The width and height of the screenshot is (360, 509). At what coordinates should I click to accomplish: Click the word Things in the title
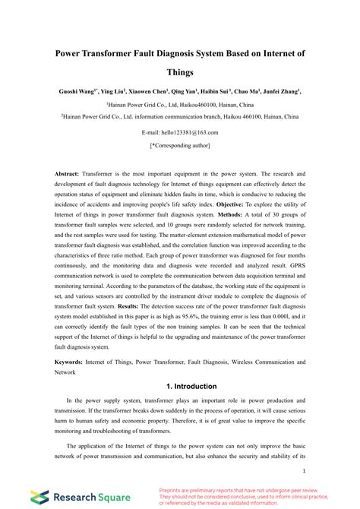[x=180, y=73]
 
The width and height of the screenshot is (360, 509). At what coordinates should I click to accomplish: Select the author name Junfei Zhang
[x=280, y=90]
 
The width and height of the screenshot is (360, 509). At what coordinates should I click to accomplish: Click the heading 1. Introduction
[x=180, y=385]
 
